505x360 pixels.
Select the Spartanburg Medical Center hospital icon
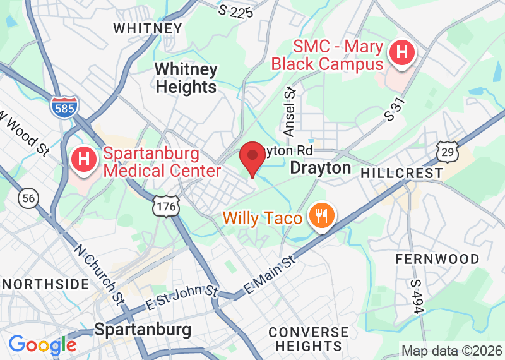pyautogui.click(x=83, y=160)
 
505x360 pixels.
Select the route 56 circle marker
pyautogui.click(x=28, y=198)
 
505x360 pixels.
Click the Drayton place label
pyautogui.click(x=320, y=168)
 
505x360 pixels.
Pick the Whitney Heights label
pyautogui.click(x=186, y=78)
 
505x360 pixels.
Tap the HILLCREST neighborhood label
pyautogui.click(x=401, y=172)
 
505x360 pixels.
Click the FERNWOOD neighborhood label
pyautogui.click(x=437, y=259)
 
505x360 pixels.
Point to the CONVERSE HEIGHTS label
pyautogui.click(x=308, y=339)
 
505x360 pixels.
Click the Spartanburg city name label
pyautogui.click(x=143, y=330)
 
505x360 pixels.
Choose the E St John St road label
pyautogui.click(x=181, y=297)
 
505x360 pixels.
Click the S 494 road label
pyautogui.click(x=415, y=297)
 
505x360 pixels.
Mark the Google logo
pyautogui.click(x=42, y=345)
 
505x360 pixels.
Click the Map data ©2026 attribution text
pyautogui.click(x=452, y=351)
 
